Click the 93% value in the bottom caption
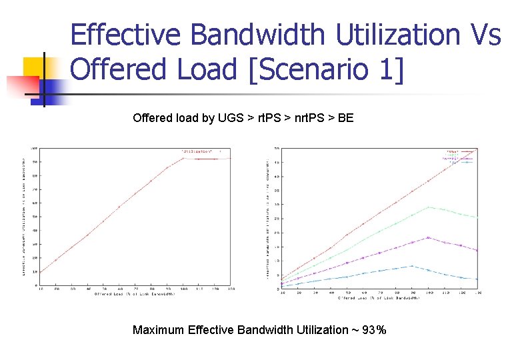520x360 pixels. pos(373,329)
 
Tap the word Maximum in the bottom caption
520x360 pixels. pos(159,329)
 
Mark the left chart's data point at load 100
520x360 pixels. pos(183,158)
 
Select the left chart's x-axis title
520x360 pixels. pos(135,293)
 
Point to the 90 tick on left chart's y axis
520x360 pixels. pos(35,161)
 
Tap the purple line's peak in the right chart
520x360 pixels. pos(428,237)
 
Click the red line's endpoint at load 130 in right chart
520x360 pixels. pos(477,149)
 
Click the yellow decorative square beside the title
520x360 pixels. pos(37,69)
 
